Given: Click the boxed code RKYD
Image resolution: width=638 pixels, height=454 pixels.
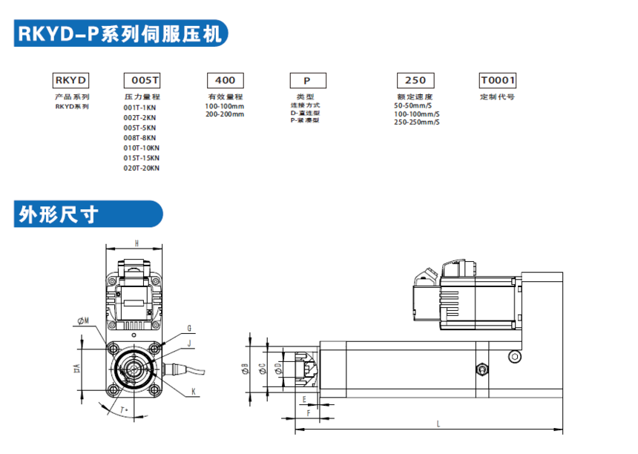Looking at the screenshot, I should pos(71,80).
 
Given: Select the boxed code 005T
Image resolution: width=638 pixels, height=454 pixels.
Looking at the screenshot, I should pos(141,80).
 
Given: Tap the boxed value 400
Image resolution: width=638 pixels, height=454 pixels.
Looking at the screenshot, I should pos(225,80).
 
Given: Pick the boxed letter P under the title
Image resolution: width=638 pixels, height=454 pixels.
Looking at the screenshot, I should pos(306,80).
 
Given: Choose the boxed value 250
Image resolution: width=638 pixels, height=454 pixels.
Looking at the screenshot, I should pos(415,80).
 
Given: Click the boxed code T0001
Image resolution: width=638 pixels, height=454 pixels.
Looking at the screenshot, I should pos(498,80).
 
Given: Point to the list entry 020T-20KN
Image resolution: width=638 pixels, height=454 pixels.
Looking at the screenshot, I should pos(141,168).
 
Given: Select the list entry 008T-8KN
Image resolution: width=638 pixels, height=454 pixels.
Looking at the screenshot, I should pos(139,137).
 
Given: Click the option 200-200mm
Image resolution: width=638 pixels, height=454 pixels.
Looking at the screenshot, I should pos(225,114).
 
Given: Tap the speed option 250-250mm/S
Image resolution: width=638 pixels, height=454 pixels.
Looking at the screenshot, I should pos(416,122).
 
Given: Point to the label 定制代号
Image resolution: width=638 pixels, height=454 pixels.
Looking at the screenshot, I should pos(497,97).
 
